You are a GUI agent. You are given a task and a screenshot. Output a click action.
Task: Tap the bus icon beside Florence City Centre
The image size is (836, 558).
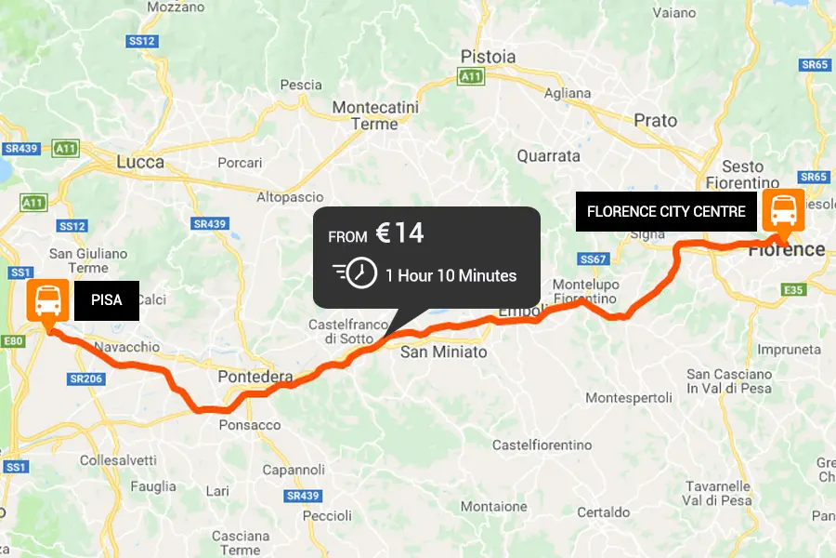[x=782, y=211]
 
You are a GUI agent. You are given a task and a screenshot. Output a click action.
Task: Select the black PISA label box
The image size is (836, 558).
[x=107, y=300]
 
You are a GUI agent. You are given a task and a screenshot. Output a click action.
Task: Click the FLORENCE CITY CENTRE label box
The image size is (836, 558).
[x=666, y=211]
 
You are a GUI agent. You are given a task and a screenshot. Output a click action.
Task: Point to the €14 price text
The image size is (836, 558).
[x=399, y=233]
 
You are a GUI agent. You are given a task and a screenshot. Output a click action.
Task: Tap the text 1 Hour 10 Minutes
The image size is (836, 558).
[x=451, y=275]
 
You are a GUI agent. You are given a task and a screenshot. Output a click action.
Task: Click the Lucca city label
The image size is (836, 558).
[x=140, y=162]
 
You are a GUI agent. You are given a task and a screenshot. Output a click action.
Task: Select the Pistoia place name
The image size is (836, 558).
[x=488, y=57]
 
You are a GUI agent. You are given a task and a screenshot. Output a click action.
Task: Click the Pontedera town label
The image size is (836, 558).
[x=255, y=377]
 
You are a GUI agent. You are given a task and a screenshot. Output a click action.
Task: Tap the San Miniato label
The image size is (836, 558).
[x=443, y=352]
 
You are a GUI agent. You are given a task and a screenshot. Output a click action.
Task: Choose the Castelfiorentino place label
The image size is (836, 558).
[x=542, y=445]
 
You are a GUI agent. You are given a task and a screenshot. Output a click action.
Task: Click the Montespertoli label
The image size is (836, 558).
[x=629, y=398]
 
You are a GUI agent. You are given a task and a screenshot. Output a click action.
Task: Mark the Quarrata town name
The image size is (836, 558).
[x=548, y=156]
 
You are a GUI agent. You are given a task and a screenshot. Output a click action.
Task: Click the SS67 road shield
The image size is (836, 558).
[x=592, y=259]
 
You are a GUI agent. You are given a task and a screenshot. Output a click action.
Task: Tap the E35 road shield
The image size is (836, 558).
[x=792, y=290]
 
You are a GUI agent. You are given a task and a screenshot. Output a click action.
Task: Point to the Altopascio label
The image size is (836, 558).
[x=290, y=197]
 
